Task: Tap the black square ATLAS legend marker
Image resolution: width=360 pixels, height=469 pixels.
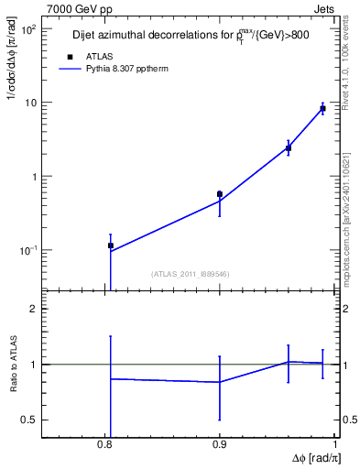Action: coord(70,57)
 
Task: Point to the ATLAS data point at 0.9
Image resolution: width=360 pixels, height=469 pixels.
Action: coord(220,194)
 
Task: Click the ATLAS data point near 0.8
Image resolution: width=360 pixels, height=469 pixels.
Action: coord(111,245)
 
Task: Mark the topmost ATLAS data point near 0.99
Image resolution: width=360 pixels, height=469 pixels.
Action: coord(322,109)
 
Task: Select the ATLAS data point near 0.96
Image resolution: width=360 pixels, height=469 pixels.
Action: coord(289,147)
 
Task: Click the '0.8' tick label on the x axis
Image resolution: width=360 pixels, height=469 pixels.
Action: coord(105,444)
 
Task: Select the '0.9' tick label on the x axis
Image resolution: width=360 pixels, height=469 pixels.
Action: coord(220,444)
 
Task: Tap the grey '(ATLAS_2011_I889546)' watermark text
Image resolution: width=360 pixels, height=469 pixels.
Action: coord(190,273)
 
